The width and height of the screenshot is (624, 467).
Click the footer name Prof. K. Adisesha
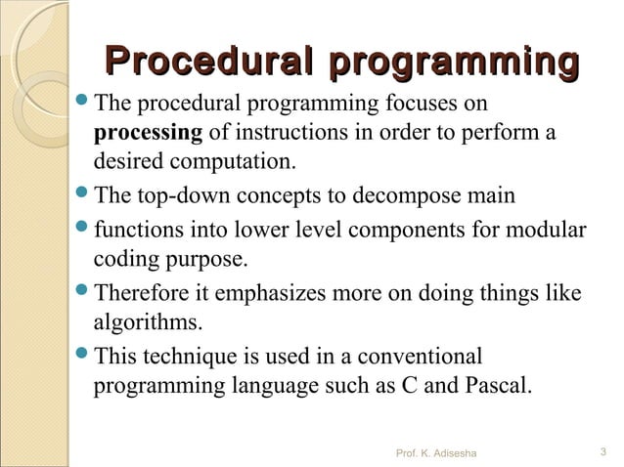pos(433,452)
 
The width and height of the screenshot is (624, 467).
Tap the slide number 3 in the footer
pos(602,451)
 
